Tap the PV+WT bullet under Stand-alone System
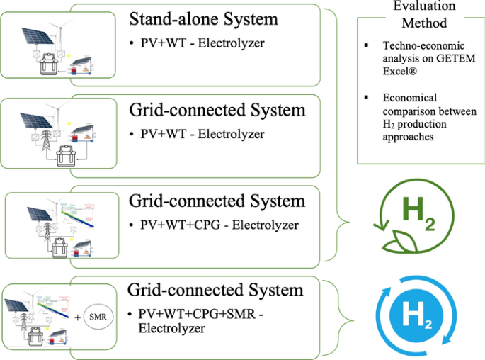click(198, 43)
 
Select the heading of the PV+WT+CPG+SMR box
click(216, 290)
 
